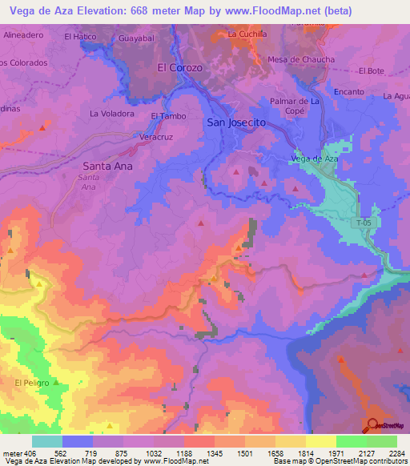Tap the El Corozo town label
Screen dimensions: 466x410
(179, 68)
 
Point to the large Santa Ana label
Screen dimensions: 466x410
(107, 166)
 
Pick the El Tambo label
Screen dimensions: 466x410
(168, 116)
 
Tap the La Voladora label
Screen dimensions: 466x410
(112, 114)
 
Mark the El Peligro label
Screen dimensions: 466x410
(32, 384)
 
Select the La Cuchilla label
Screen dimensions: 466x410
(247, 34)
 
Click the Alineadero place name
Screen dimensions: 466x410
(23, 36)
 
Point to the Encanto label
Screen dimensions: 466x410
(349, 92)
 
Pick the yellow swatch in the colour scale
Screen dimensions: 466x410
(320, 441)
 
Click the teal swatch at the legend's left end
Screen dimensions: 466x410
(47, 441)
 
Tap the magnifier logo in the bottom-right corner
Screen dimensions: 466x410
(372, 425)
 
